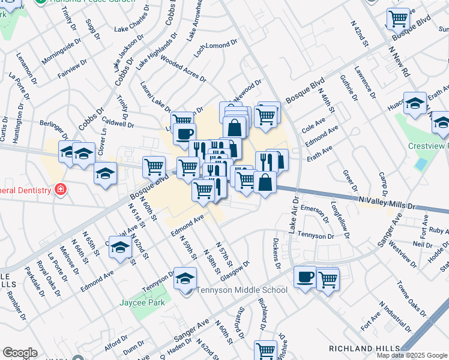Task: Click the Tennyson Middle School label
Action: coord(243,290)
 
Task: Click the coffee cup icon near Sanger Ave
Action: coord(305,277)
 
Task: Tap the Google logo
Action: coord(20,353)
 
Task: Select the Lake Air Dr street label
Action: coord(292,215)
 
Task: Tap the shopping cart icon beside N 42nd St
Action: coord(397,19)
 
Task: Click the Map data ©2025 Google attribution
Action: coord(412,355)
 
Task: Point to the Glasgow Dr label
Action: coord(234,268)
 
